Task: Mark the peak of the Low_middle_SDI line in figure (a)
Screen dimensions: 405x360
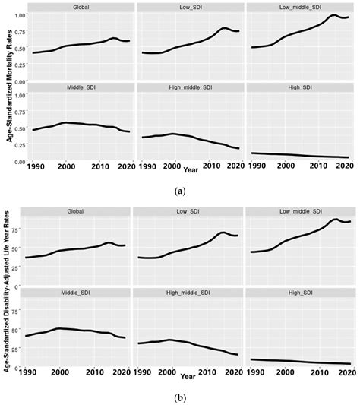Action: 333,15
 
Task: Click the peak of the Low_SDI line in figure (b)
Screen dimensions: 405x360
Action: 223,232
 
